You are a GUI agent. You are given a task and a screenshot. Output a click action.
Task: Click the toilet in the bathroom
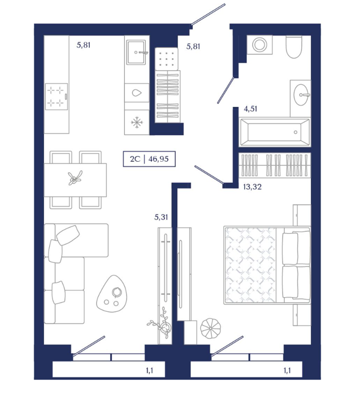(294, 47)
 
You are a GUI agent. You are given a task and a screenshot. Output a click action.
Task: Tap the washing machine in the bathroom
(259, 45)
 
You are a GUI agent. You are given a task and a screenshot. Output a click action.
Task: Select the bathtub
(275, 132)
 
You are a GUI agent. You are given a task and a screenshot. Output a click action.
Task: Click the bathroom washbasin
(301, 95)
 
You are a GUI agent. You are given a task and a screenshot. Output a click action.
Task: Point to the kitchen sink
(136, 52)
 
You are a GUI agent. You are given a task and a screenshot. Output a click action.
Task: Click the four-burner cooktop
(57, 97)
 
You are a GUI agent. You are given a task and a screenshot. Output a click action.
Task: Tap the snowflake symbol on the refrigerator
(137, 123)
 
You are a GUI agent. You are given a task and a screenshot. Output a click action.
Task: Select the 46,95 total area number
(158, 159)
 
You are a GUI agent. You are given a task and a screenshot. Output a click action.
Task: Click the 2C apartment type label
(135, 159)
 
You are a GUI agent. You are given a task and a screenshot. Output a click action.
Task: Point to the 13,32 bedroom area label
(252, 187)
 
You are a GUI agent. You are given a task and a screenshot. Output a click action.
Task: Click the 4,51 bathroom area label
(250, 109)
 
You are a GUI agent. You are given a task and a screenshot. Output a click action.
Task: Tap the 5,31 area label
(161, 217)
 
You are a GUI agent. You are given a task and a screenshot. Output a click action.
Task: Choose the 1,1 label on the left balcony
(149, 371)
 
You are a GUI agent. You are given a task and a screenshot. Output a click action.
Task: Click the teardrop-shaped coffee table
(112, 294)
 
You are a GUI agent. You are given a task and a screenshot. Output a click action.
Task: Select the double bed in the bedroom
(267, 265)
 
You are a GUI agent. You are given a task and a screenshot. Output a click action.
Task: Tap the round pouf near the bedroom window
(210, 328)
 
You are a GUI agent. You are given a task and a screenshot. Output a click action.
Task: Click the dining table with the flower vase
(75, 180)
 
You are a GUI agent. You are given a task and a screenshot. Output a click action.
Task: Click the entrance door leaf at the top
(208, 14)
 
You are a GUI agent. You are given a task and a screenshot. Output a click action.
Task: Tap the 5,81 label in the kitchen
(84, 45)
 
